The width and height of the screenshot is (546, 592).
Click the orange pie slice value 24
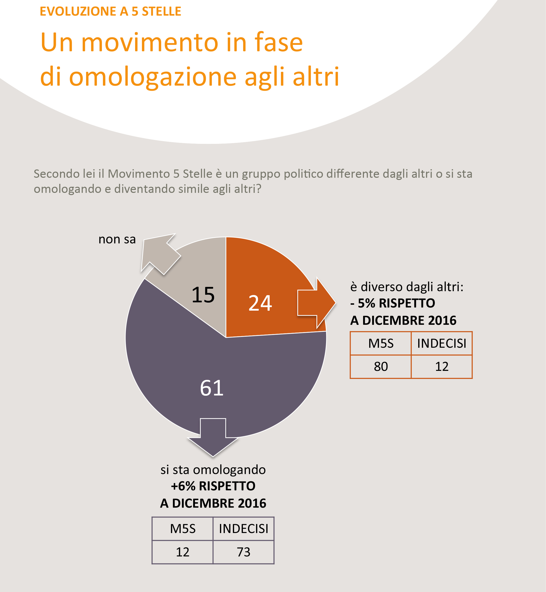tap(260, 303)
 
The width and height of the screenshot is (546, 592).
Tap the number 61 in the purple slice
tap(211, 388)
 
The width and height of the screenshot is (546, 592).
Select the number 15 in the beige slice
tap(203, 295)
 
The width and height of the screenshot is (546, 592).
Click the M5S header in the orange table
tap(381, 344)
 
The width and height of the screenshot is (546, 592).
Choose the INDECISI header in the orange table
tap(442, 344)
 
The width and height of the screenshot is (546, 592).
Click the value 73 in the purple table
tap(243, 552)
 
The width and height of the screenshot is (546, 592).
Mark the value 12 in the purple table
tap(182, 552)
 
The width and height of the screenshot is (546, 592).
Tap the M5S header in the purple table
tap(183, 529)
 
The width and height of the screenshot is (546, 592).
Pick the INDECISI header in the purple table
tap(243, 529)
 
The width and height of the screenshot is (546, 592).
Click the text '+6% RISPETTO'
tap(213, 486)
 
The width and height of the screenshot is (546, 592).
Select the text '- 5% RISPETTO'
tap(392, 303)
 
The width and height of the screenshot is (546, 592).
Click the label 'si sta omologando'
tap(213, 470)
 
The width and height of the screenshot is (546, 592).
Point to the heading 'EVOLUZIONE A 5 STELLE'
tap(110, 11)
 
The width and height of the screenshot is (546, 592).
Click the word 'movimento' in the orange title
tap(150, 42)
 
